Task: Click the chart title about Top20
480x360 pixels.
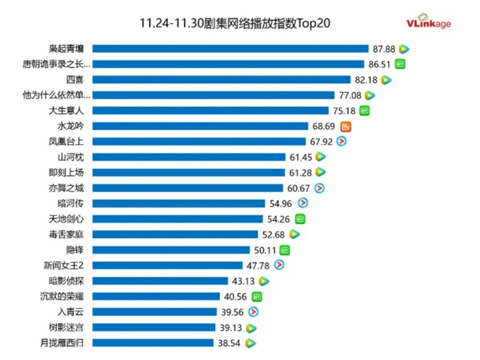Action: [x=235, y=23]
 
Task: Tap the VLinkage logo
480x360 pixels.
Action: [x=429, y=23]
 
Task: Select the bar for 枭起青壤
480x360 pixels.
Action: [x=230, y=49]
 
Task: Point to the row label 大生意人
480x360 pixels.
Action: [x=67, y=110]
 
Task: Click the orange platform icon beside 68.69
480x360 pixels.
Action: [x=346, y=126]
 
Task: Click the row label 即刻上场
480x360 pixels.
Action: [x=67, y=173]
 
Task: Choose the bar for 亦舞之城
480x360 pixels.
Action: [x=187, y=188]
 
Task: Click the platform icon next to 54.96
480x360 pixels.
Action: [x=302, y=203]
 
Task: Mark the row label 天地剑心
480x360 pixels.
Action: [x=67, y=219]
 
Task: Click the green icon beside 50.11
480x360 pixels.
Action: [x=285, y=250]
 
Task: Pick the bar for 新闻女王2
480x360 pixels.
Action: [x=167, y=265]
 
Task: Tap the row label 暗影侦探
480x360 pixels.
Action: [x=67, y=280]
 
